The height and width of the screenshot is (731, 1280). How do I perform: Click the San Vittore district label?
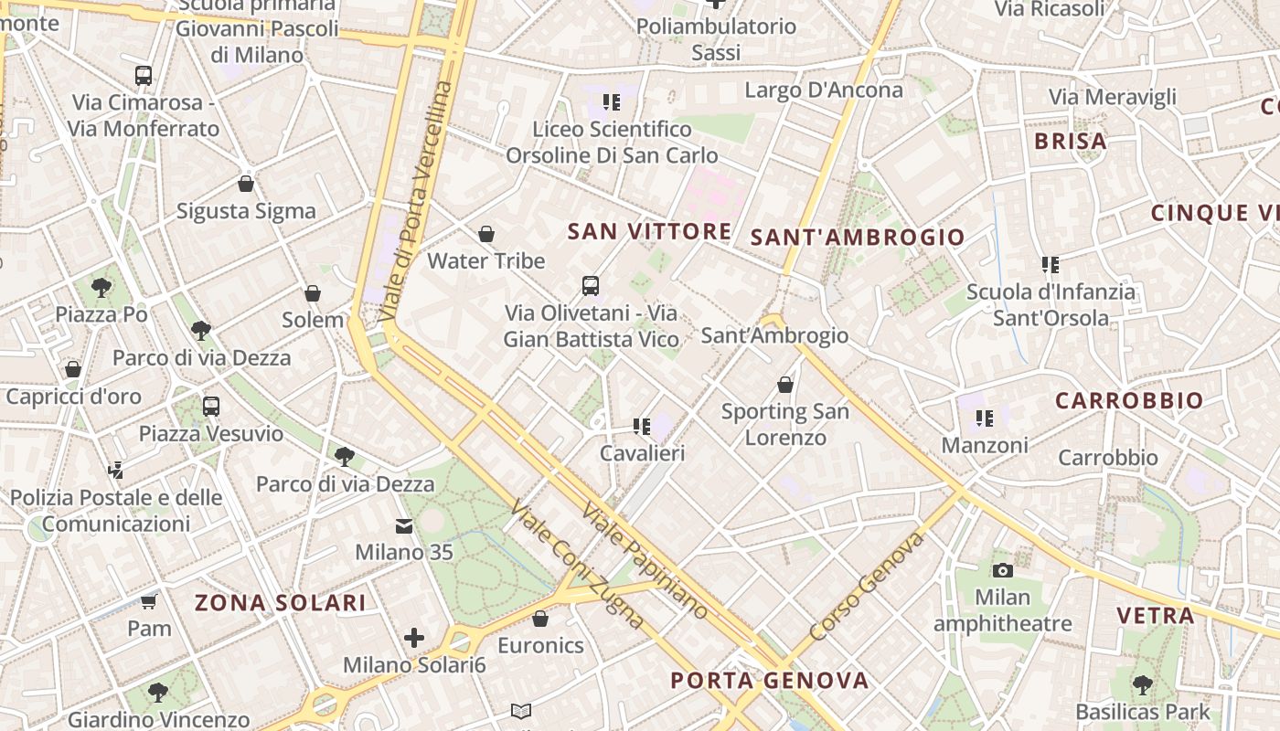[x=649, y=231]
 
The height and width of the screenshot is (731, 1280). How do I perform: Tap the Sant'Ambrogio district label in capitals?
[x=858, y=238]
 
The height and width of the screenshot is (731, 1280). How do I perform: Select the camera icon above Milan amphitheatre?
[x=1003, y=571]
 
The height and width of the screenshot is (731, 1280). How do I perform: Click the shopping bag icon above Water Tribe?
[x=486, y=235]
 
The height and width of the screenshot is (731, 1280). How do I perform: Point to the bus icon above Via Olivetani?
[x=591, y=286]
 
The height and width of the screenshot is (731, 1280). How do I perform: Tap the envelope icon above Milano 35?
[x=403, y=526]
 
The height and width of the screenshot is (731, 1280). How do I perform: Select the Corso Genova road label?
[x=867, y=587]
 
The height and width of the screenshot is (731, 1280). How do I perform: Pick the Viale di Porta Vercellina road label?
[x=417, y=201]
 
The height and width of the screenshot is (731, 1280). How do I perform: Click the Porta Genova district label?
[x=769, y=681]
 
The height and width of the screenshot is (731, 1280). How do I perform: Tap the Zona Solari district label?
[x=281, y=603]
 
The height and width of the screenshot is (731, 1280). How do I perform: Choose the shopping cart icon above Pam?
[x=149, y=601]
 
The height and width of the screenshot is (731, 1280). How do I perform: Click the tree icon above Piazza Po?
[x=101, y=288]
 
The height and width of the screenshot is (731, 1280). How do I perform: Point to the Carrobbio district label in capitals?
[x=1129, y=401]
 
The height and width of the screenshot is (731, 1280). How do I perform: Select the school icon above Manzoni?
[x=984, y=418]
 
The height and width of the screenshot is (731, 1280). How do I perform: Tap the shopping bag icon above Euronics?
[x=540, y=619]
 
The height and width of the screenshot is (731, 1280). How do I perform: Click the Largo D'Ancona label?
[x=824, y=90]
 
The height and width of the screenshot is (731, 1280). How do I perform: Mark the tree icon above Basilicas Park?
[x=1142, y=684]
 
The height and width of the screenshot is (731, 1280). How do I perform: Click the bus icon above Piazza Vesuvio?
[x=211, y=406]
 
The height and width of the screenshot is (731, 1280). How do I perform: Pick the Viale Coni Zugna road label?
[x=578, y=564]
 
